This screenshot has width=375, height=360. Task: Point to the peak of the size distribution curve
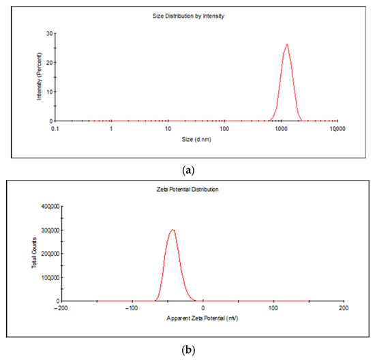click(287, 44)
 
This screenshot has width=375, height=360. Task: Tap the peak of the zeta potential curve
click(173, 229)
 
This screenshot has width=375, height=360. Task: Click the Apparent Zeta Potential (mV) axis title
click(202, 318)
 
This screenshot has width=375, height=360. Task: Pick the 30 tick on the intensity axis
click(48, 33)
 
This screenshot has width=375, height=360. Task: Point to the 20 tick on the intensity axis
click(48, 62)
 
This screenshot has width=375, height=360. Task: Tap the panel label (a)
click(187, 166)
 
